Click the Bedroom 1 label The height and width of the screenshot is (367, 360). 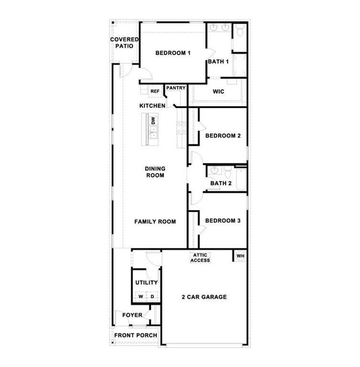[173, 53]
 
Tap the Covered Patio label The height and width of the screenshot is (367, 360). [124, 43]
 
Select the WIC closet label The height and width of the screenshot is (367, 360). [218, 91]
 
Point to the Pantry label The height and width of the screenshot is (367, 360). [176, 88]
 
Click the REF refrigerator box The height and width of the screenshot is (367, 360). [155, 91]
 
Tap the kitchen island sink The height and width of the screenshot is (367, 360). [154, 132]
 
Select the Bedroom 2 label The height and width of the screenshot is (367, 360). [223, 136]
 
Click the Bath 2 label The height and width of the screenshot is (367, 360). [220, 183]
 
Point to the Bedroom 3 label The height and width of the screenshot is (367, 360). [223, 221]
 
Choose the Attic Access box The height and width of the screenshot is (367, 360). [200, 258]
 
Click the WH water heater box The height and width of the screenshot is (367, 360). [240, 256]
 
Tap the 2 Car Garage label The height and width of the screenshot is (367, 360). [204, 297]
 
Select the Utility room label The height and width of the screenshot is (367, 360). [146, 283]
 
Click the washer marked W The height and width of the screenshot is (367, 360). [141, 297]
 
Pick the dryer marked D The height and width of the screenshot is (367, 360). [152, 297]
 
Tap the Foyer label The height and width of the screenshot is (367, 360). [132, 315]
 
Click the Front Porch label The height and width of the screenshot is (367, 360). [136, 335]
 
